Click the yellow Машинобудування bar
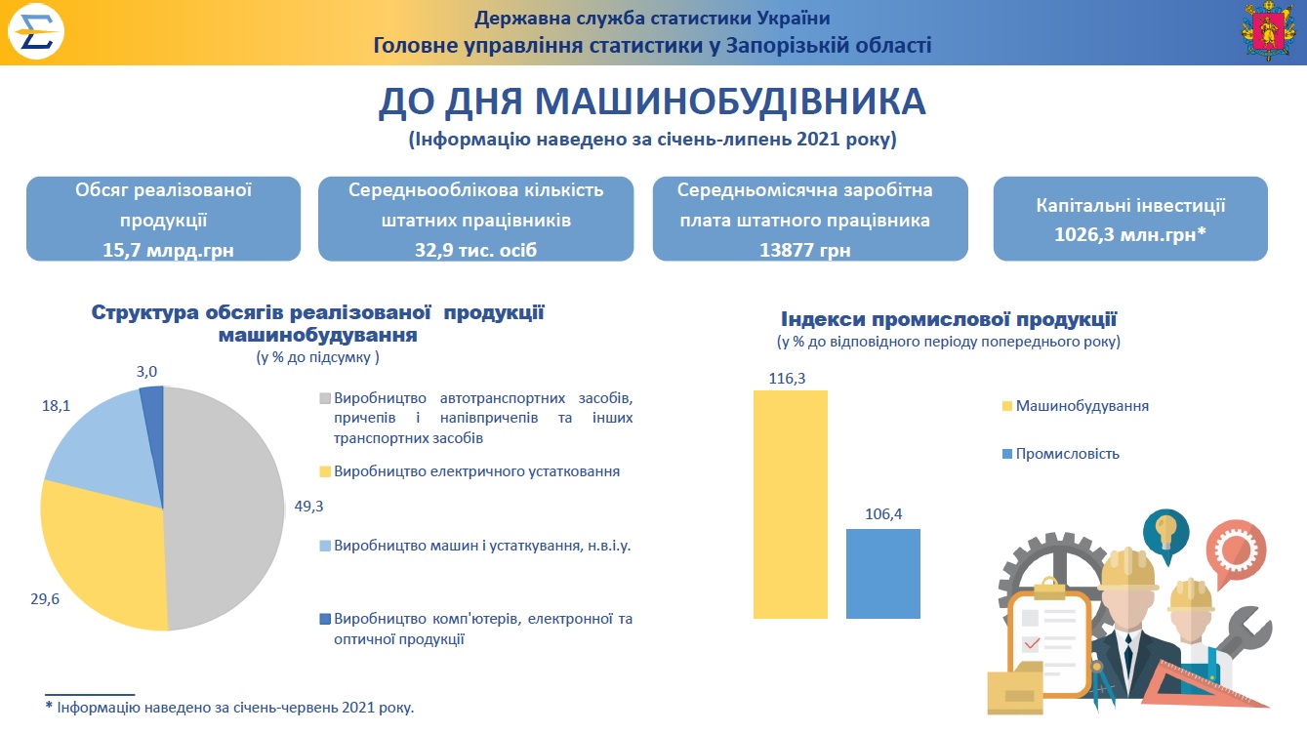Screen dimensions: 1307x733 tap(790, 505)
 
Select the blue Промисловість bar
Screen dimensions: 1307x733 tap(882, 574)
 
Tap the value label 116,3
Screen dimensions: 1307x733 tap(787, 378)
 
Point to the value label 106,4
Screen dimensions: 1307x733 tap(883, 513)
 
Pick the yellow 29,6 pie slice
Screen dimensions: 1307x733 tap(100, 560)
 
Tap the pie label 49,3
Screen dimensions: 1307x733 tap(308, 506)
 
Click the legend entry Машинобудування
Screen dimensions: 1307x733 tap(1076, 406)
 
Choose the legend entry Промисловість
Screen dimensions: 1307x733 tap(1061, 454)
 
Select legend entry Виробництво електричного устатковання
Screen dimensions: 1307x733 tap(470, 471)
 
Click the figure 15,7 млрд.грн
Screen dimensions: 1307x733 tap(168, 251)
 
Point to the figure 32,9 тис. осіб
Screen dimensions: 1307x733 tap(475, 251)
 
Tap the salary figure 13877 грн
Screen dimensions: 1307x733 tap(804, 251)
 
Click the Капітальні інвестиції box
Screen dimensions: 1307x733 tap(1130, 219)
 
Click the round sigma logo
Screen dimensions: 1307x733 tap(35, 31)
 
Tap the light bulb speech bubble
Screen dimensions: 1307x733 tap(1165, 534)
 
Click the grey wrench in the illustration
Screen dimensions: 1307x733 tap(1243, 634)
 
